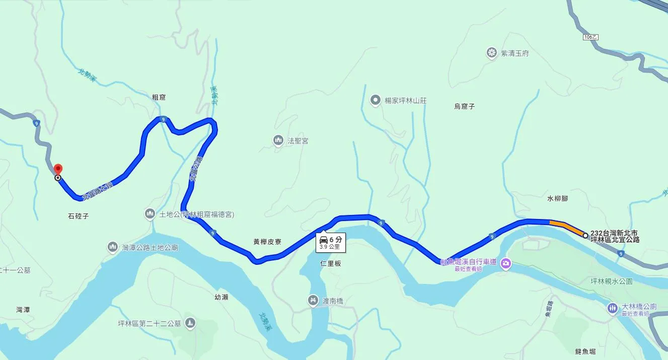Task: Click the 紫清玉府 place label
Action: (514, 53)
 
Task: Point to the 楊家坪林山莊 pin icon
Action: (375, 100)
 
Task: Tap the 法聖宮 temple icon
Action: (278, 140)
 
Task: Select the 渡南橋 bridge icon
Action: (313, 301)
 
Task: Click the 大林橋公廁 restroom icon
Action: (612, 307)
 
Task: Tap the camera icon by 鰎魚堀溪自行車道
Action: (506, 262)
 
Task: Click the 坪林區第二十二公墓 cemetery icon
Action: (190, 323)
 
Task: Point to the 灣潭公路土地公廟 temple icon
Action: (113, 247)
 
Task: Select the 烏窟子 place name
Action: (464, 106)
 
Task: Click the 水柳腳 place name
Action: (557, 198)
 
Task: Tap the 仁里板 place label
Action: (330, 263)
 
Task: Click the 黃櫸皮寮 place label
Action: (267, 242)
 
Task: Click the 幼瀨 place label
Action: (221, 297)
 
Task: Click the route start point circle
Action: (585, 235)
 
